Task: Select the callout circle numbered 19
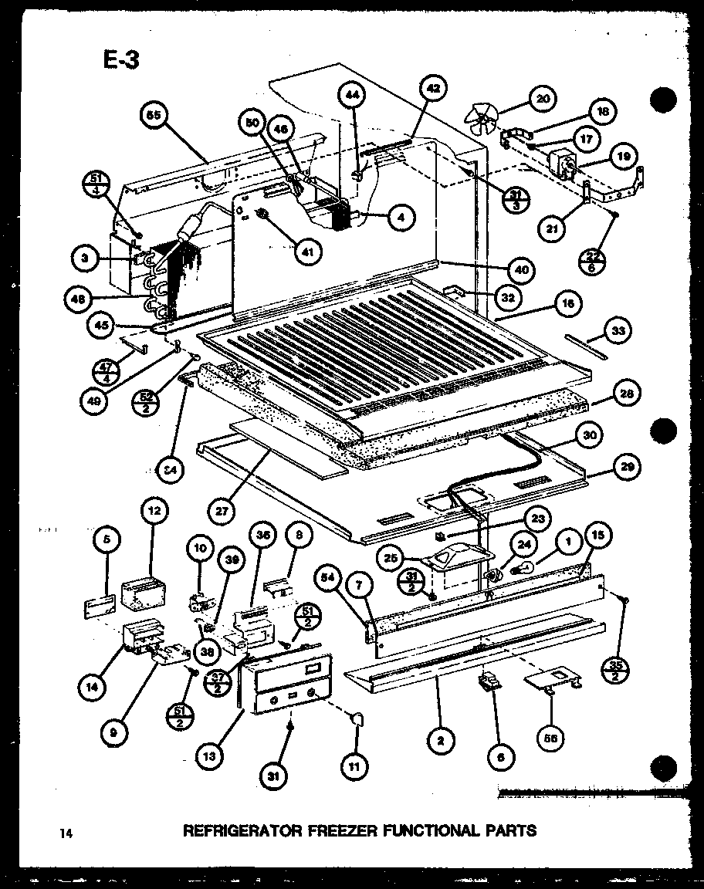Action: [622, 156]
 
